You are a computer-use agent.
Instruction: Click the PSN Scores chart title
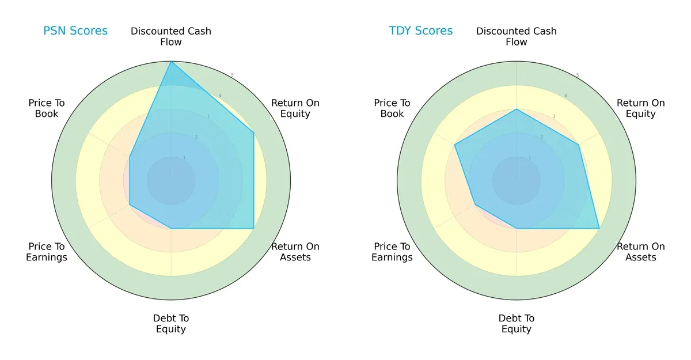[x=75, y=31]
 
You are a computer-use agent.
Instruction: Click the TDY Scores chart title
[x=421, y=31]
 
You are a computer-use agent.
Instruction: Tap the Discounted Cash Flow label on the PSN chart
[x=171, y=36]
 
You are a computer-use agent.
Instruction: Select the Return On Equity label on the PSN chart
[x=295, y=108]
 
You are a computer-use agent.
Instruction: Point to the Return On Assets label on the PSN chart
[x=295, y=252]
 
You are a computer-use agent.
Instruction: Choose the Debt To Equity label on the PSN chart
[x=171, y=324]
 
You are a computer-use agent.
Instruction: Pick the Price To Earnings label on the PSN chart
[x=47, y=252]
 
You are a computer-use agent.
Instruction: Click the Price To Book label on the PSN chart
[x=47, y=108]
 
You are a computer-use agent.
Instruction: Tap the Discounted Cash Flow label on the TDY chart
[x=517, y=36]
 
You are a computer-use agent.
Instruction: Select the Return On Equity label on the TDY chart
[x=641, y=108]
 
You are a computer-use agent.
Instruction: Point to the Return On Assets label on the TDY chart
[x=641, y=252]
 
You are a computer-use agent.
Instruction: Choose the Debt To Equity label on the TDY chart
[x=517, y=324]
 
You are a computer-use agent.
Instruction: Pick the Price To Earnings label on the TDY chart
[x=392, y=252]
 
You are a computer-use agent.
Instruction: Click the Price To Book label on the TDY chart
[x=392, y=108]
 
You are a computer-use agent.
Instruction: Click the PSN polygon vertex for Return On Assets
[x=254, y=228]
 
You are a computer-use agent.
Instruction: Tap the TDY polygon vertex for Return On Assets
[x=599, y=228]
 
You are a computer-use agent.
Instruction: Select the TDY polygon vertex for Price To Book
[x=455, y=145]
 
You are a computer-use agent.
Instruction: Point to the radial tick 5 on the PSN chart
[x=232, y=75]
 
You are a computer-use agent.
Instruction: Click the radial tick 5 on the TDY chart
[x=578, y=75]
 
